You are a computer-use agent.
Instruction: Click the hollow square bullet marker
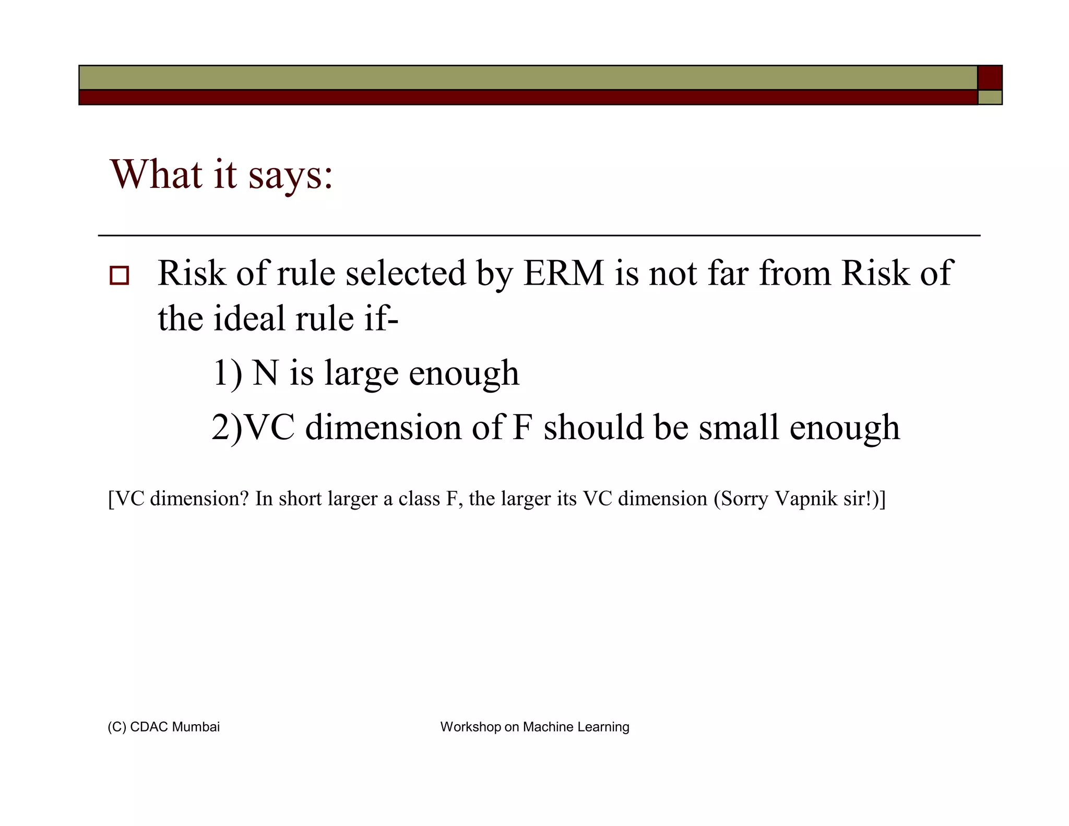[119, 275]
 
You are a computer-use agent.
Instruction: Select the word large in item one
[361, 374]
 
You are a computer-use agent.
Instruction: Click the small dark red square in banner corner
[990, 77]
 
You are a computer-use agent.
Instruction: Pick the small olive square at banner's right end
[990, 98]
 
